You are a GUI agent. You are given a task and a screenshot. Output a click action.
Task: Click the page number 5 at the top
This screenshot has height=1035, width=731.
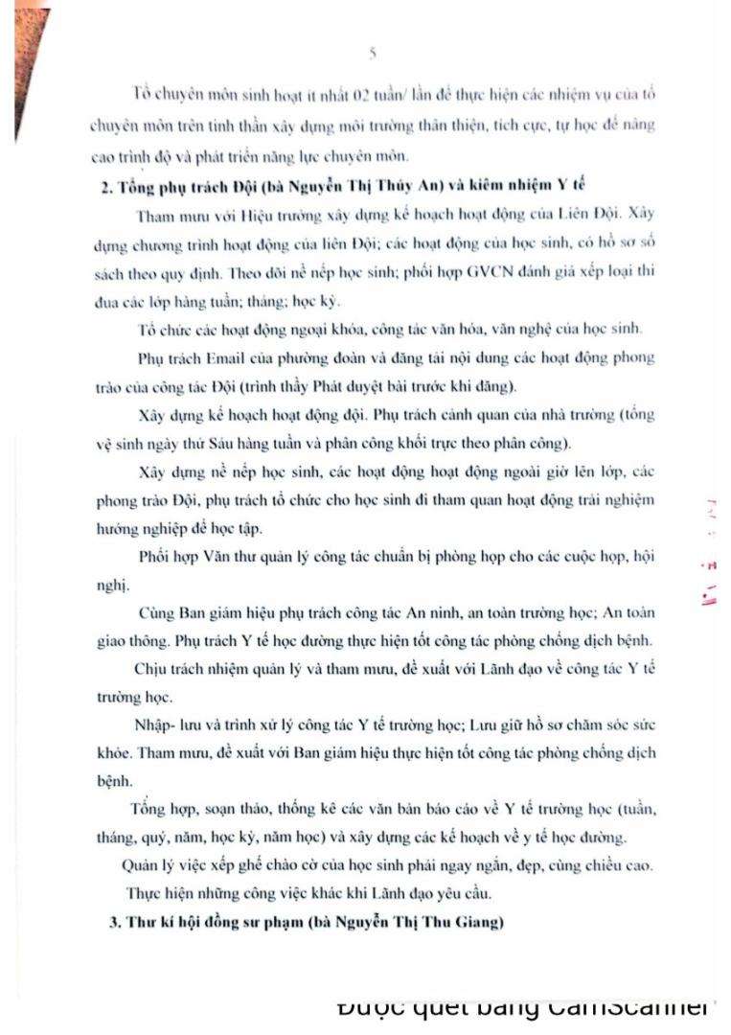click(x=371, y=54)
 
